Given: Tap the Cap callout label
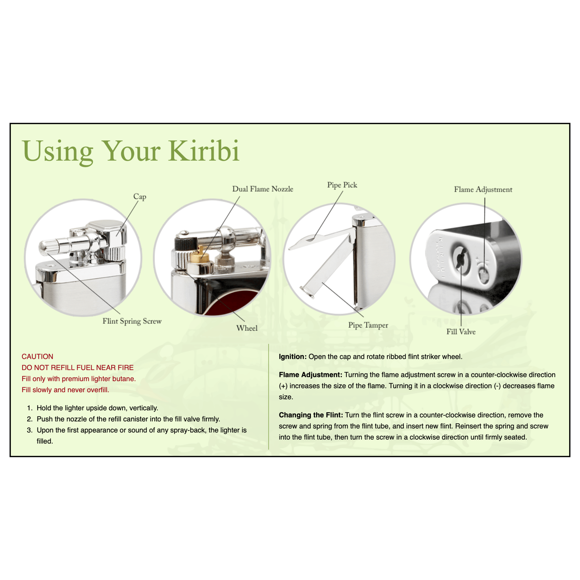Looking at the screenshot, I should tap(140, 197).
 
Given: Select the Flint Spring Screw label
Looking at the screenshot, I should tap(132, 321).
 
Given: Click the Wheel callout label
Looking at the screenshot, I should tap(247, 328).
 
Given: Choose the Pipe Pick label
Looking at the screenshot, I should tap(342, 185).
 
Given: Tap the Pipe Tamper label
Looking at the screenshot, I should tap(368, 325).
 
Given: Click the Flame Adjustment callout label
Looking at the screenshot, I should tap(483, 189).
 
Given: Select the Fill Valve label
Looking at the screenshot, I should tap(461, 332).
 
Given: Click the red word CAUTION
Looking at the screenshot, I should tap(37, 356).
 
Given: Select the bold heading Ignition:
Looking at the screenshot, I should tap(292, 357).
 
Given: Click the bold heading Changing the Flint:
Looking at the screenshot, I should tap(311, 415).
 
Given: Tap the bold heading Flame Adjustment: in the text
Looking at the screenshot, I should tap(310, 375).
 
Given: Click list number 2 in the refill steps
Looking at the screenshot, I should tap(29, 419).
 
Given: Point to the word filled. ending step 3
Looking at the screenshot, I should tap(45, 441).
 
